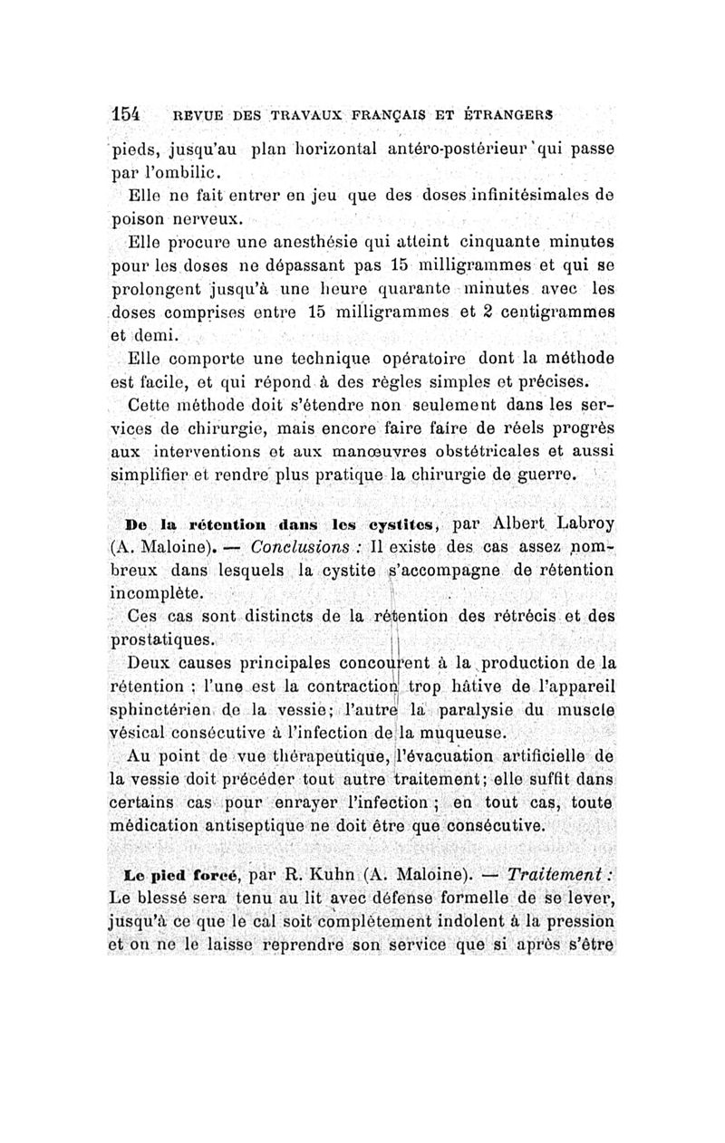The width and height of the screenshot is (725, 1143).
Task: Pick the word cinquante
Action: pyautogui.click(x=496, y=243)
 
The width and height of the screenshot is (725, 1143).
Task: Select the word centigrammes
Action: pyautogui.click(x=556, y=313)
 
